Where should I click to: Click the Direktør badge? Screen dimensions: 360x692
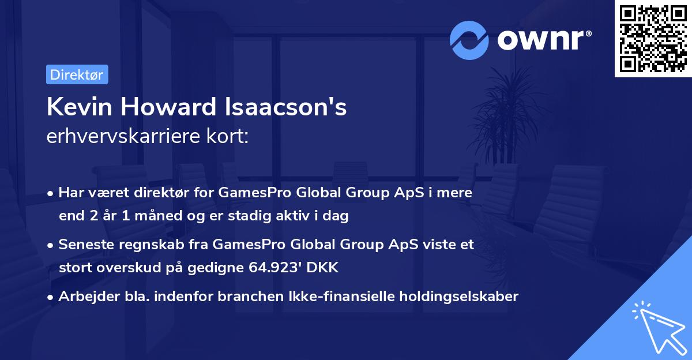[x=77, y=74]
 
